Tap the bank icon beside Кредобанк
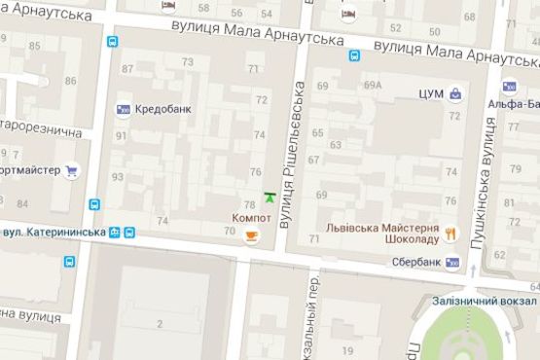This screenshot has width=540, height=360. click(x=124, y=109)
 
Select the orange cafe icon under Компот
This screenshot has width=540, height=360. click(x=252, y=234)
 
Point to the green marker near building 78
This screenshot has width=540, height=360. click(x=269, y=197)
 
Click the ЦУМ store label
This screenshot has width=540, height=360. click(x=429, y=94)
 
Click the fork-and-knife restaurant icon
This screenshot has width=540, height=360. click(x=450, y=231)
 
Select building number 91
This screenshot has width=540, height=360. click(x=120, y=134)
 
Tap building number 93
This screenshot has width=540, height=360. click(x=118, y=176)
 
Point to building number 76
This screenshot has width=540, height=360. click(x=256, y=172)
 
